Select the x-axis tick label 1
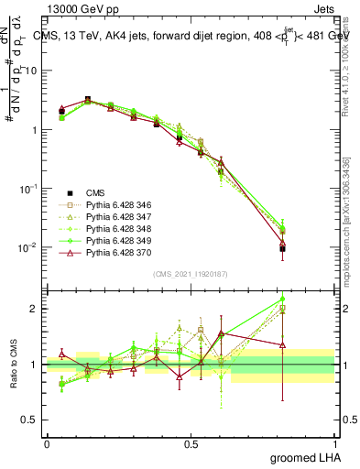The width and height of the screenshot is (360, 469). tap(334, 443)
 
